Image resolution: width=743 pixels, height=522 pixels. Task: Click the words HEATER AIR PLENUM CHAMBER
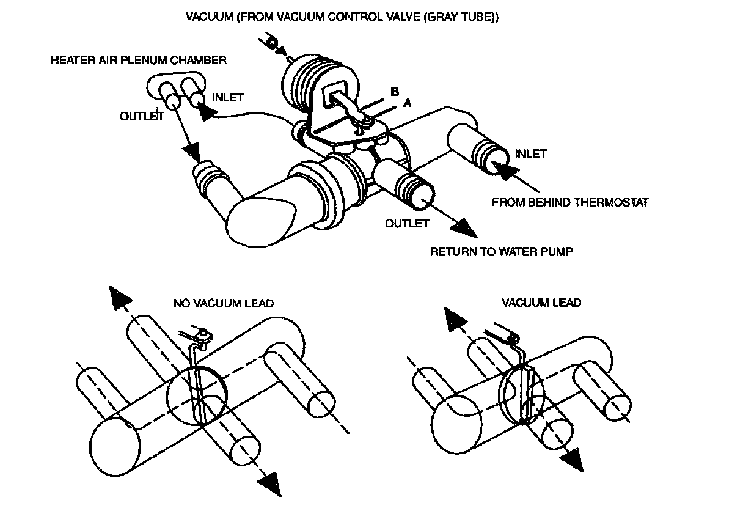coord(139,61)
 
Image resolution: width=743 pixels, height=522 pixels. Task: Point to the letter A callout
coord(407,104)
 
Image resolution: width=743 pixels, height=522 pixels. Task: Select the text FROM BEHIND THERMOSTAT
coord(569,202)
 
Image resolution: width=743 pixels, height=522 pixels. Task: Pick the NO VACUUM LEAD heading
coord(223,303)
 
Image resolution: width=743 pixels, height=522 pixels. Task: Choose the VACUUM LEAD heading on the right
coord(541,303)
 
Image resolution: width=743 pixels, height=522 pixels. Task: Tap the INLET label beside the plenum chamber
coord(227,97)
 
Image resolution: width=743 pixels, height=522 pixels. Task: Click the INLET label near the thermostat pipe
coord(530,153)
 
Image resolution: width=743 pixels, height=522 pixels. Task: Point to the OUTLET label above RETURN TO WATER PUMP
coord(407,223)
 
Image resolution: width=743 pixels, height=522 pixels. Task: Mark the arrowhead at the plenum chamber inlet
coord(207,112)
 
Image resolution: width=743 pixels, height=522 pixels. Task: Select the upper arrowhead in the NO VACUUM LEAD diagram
coord(120,299)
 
